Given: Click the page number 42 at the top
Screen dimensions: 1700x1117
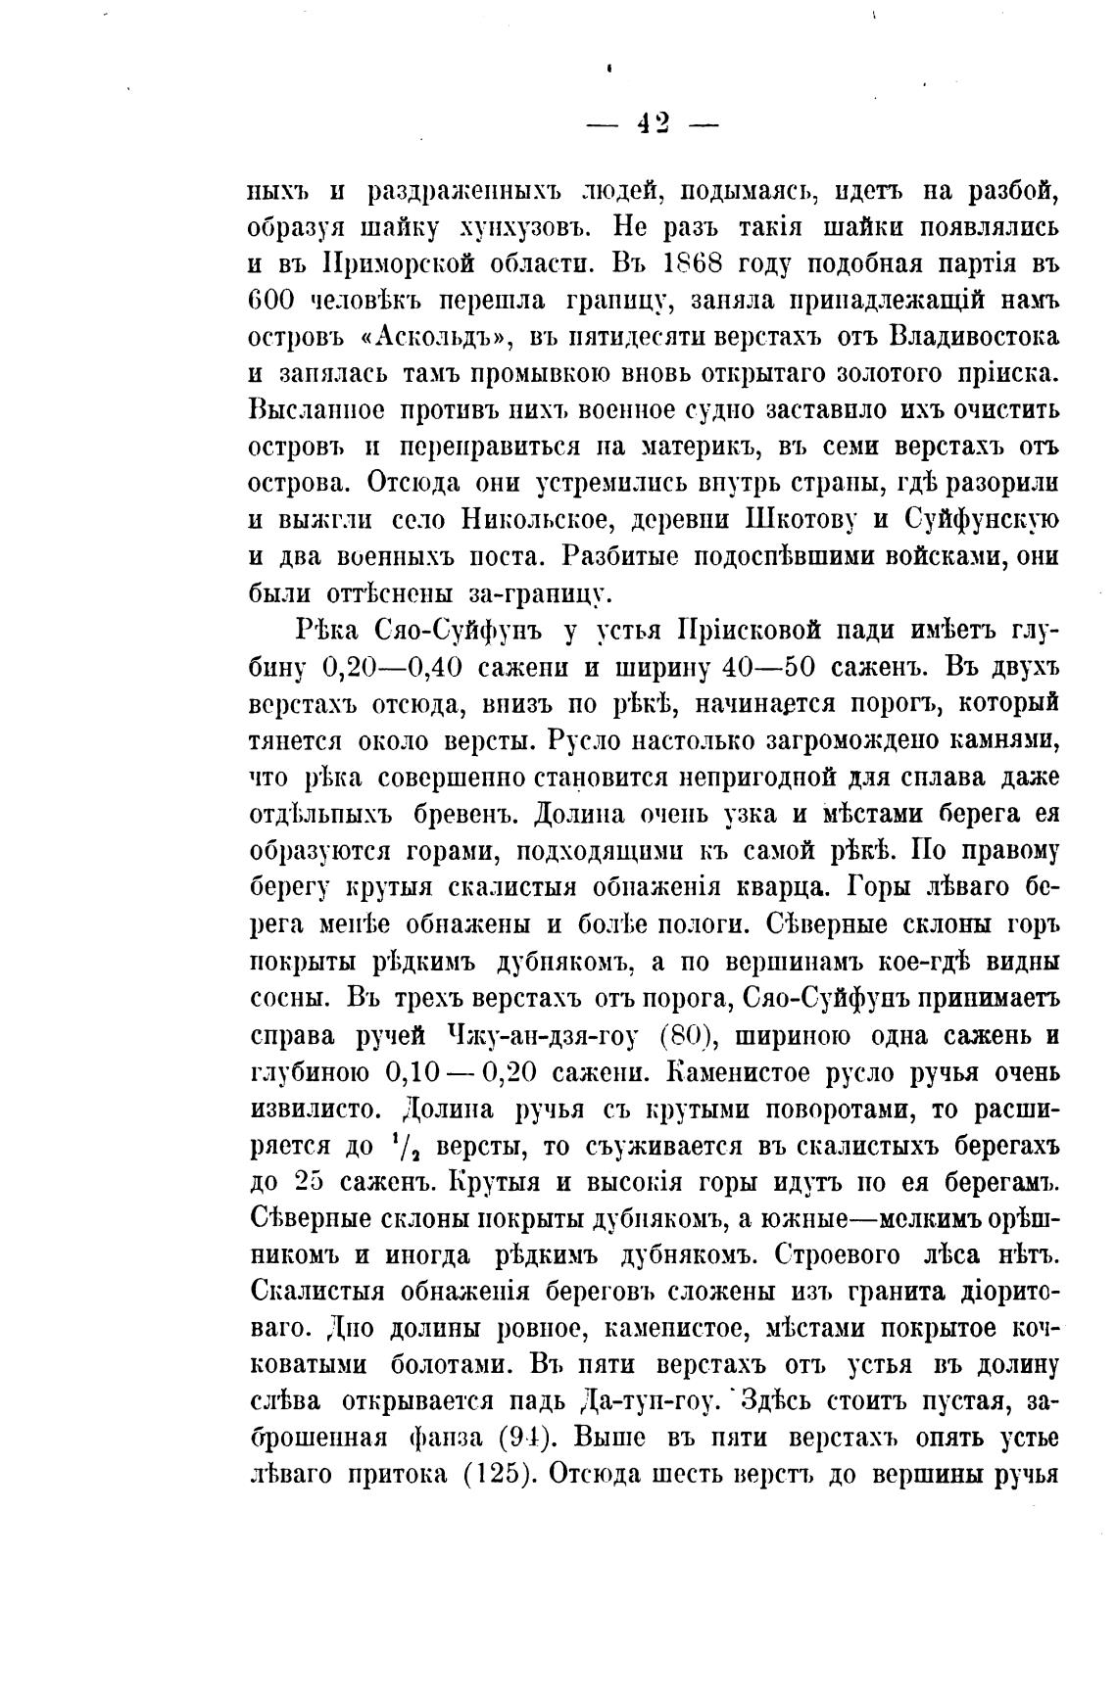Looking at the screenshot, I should click(653, 121).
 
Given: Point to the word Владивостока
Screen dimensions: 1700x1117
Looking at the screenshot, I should click(974, 337).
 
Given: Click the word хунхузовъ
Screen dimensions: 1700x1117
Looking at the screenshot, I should click(524, 228).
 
